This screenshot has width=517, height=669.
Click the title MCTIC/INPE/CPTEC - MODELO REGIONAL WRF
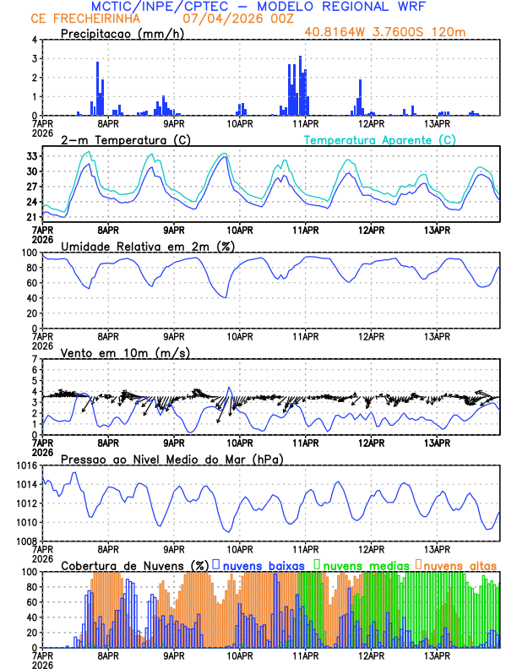(x=258, y=7)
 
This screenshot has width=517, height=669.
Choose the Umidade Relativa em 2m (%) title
(x=147, y=246)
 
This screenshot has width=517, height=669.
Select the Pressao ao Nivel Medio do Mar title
(x=171, y=459)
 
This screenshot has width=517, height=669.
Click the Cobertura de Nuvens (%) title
(x=135, y=565)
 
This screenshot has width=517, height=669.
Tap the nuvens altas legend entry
(x=460, y=565)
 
